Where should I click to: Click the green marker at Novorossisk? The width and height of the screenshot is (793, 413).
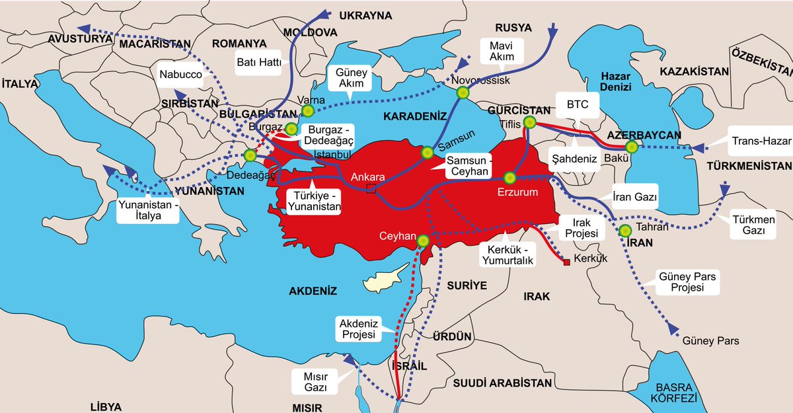point(463,93)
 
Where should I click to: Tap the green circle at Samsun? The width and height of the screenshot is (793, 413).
point(428,153)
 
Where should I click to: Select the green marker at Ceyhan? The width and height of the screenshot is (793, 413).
point(424,241)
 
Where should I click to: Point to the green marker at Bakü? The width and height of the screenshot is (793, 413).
point(632,147)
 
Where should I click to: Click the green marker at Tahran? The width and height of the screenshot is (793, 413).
point(624,231)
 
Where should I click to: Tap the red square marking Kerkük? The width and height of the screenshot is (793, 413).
point(566,263)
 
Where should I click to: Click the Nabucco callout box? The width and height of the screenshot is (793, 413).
point(180,75)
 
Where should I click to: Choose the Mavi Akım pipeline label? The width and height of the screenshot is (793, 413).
point(501,51)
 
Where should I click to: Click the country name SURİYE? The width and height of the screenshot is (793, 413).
point(467,285)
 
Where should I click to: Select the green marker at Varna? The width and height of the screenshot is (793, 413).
point(307,110)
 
